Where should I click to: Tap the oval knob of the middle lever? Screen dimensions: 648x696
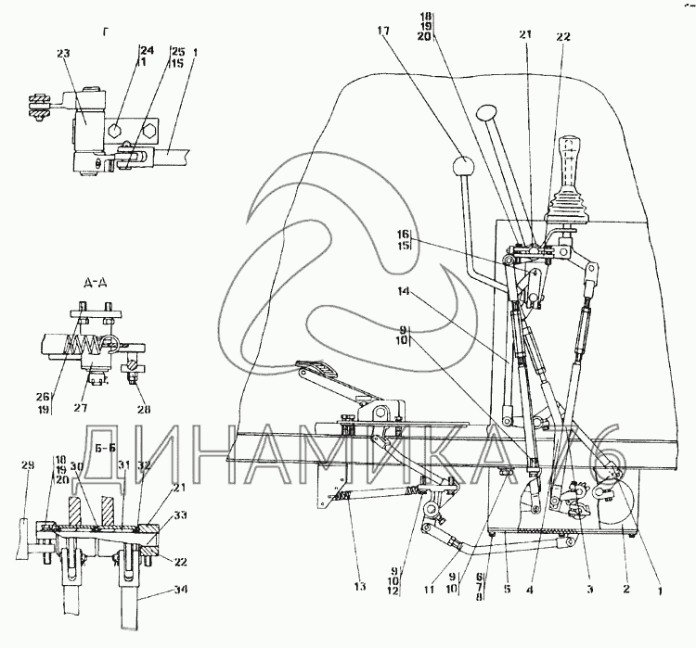coord(487,114)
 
